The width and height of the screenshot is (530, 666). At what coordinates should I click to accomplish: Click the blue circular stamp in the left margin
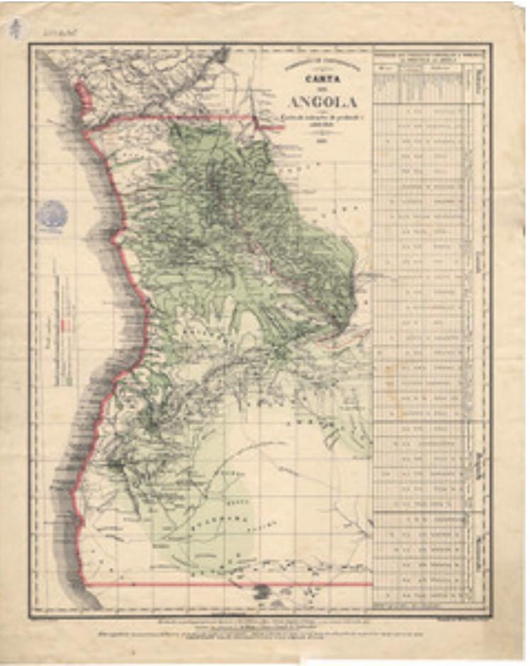pos(52,213)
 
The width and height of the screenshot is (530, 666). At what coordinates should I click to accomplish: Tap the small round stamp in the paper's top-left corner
pos(18,29)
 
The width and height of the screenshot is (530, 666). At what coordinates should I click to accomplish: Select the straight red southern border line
pos(227,585)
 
